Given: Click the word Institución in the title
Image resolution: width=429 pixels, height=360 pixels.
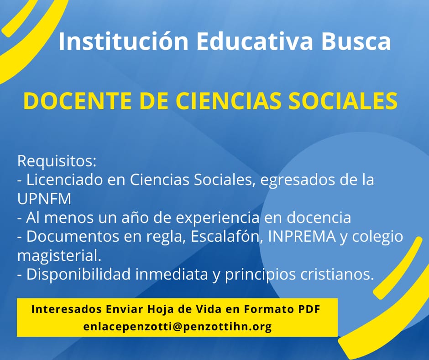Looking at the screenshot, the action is tap(123, 42).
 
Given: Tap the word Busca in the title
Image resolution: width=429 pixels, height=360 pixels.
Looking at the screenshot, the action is tap(356, 42).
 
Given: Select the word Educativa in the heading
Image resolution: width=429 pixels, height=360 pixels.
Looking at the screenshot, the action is tap(255, 42).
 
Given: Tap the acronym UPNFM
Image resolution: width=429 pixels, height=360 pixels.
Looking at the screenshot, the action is tap(44, 199).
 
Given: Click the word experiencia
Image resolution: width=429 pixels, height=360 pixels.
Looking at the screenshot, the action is tap(218, 218).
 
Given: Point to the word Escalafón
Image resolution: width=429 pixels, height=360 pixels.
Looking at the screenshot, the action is tap(227, 237).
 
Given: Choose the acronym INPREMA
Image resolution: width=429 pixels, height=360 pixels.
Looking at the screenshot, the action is tap(302, 237).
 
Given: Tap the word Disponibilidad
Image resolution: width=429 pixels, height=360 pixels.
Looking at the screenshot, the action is tap(78, 274).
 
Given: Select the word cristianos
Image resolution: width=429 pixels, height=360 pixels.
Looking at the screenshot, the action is tap(337, 275).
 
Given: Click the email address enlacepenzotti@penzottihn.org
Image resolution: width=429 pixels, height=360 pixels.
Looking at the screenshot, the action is tap(178, 327).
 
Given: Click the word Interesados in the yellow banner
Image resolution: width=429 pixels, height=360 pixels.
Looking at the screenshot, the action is tap(67, 309).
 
